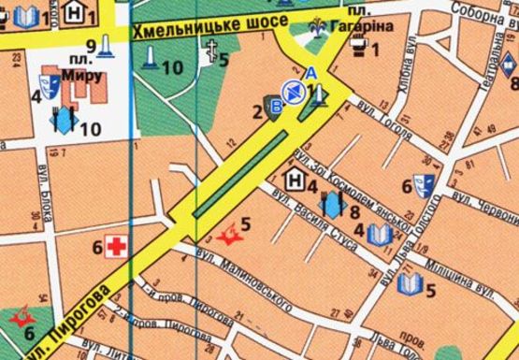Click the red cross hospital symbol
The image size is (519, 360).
[x=116, y=247]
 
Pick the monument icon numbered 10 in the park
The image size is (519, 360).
[x=149, y=59]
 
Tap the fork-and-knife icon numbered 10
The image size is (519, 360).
[x=63, y=121]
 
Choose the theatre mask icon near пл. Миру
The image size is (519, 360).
[x=50, y=89]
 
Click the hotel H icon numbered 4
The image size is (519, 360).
[x=292, y=179]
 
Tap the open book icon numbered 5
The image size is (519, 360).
[x=409, y=282]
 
